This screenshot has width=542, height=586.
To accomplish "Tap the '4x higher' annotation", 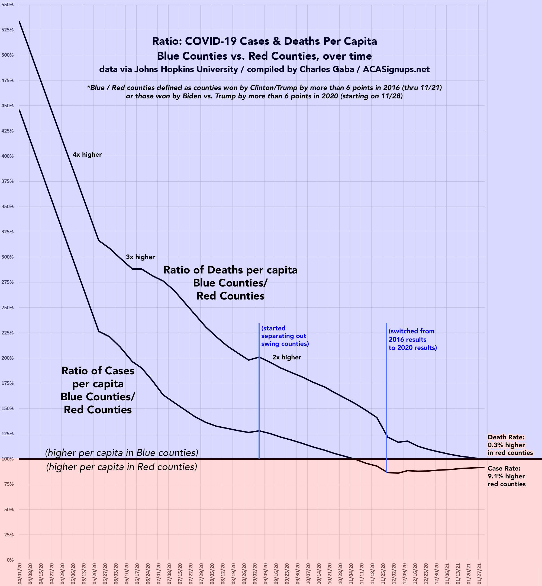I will (x=87, y=154).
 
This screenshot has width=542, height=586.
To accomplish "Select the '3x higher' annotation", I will (x=140, y=257).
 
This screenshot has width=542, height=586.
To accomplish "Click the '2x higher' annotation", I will (x=286, y=357).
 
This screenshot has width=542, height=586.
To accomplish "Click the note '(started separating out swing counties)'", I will (x=285, y=336).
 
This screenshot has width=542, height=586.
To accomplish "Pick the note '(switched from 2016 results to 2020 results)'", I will (x=412, y=339).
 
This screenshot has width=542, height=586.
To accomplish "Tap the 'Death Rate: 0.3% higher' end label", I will (x=510, y=445).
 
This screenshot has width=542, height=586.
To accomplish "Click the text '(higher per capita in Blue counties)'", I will (x=121, y=453).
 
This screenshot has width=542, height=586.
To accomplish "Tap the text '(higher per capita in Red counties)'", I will (x=121, y=467).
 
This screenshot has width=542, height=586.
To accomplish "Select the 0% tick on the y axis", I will (x=11, y=560).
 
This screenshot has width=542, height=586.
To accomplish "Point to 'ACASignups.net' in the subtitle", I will (x=396, y=69).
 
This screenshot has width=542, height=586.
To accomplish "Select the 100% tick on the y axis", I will (x=9, y=459).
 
